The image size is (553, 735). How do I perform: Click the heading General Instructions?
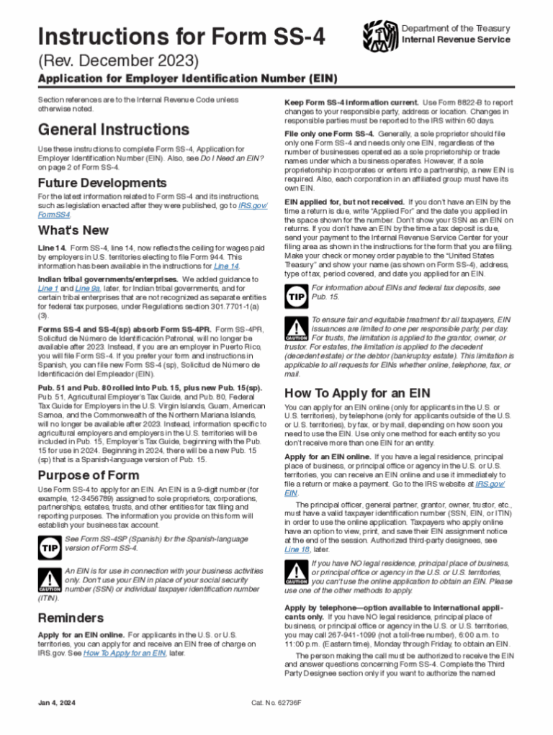[x=114, y=130]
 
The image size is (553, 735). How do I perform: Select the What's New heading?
[x=73, y=230]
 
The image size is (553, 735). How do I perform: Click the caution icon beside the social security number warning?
[x=48, y=579]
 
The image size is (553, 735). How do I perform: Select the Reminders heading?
[x=71, y=618]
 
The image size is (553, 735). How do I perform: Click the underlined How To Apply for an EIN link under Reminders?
[x=125, y=654]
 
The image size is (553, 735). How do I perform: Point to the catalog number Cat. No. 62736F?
[x=276, y=703]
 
